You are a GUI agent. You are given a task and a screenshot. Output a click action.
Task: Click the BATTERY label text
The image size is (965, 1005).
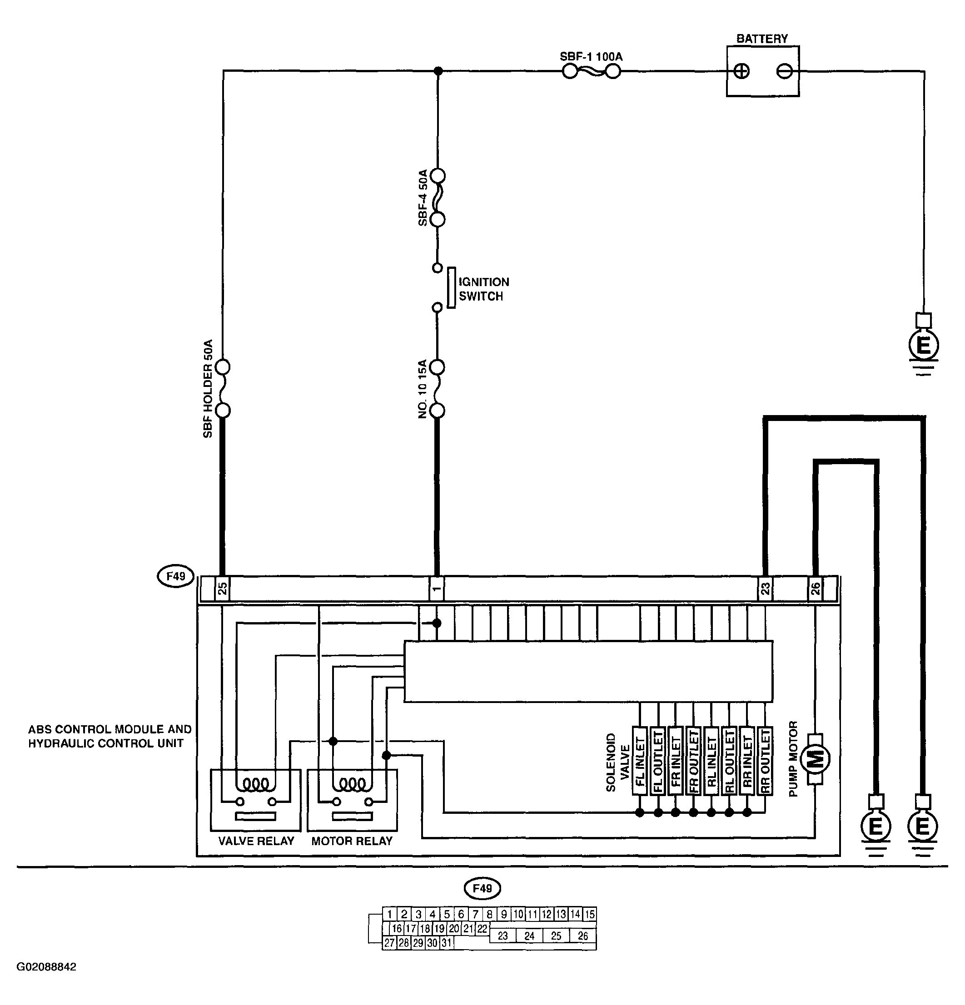click(762, 39)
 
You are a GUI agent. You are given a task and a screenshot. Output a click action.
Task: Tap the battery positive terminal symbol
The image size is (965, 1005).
click(741, 71)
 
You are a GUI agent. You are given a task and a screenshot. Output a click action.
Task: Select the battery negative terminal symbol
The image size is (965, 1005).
click(785, 71)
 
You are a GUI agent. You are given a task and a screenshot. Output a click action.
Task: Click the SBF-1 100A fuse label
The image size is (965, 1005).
click(591, 56)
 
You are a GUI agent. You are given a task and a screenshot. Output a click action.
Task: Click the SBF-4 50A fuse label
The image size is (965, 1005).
click(423, 198)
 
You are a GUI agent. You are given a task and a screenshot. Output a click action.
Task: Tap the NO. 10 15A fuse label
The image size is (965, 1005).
click(423, 389)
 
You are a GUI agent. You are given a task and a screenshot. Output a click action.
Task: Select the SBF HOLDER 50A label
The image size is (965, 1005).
click(208, 388)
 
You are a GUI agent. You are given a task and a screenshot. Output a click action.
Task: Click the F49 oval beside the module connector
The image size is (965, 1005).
click(175, 576)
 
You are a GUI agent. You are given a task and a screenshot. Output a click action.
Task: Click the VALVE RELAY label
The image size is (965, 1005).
click(256, 841)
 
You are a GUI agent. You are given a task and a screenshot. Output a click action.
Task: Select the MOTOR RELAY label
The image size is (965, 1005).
click(352, 841)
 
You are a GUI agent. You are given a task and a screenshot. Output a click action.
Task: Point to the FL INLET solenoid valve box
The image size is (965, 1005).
click(640, 761)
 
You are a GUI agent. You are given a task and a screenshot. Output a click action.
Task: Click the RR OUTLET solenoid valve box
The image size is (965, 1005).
click(765, 761)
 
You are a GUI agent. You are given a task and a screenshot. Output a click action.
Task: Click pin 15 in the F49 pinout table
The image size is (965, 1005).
click(589, 914)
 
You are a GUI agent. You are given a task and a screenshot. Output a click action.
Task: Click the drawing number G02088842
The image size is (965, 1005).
click(47, 966)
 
